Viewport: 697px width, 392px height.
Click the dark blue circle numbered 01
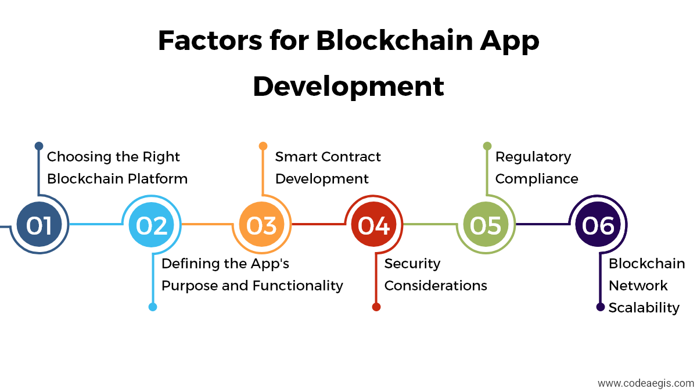(39, 224)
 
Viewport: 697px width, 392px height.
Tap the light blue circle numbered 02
(151, 224)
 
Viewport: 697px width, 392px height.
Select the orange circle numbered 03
(262, 224)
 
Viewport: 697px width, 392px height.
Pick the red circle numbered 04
(373, 224)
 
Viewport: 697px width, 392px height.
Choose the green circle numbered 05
(486, 224)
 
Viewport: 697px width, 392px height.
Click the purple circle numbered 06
(598, 224)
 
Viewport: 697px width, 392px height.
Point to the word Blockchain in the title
(394, 41)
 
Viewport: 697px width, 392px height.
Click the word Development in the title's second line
(348, 87)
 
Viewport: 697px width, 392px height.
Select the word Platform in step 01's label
(158, 179)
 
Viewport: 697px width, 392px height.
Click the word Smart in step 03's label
(296, 157)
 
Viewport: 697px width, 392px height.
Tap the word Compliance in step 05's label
(537, 179)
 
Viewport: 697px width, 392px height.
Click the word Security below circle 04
(412, 264)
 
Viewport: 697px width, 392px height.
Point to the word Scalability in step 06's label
(644, 308)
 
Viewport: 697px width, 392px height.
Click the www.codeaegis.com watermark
(646, 383)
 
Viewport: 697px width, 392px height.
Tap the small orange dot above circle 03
(263, 146)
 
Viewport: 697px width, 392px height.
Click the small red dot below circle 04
(376, 307)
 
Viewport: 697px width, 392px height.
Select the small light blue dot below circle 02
(152, 307)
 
